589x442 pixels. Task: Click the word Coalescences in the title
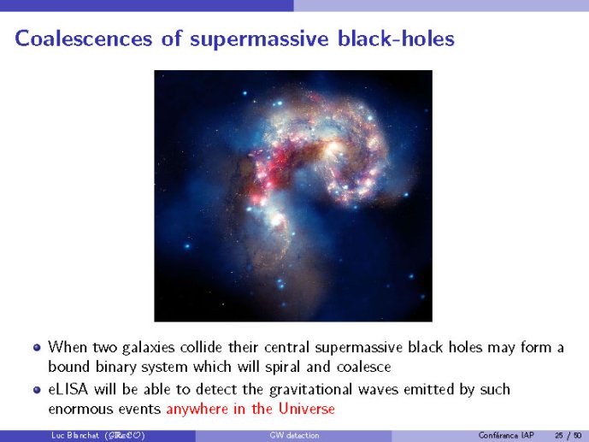(x=84, y=38)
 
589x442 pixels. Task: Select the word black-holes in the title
(x=396, y=38)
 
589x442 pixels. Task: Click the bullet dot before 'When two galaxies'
(x=37, y=347)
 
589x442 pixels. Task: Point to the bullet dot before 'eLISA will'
(x=37, y=390)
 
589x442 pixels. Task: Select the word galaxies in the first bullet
(x=149, y=348)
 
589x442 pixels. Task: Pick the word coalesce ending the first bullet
(x=363, y=367)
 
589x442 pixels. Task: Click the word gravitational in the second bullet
(x=310, y=390)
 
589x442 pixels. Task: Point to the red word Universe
(x=307, y=409)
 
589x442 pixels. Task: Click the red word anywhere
(x=197, y=410)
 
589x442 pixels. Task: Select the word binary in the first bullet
(x=116, y=368)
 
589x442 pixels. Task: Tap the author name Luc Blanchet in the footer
(x=75, y=435)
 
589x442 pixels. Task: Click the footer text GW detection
(x=294, y=435)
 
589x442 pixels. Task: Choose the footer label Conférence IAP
(x=506, y=435)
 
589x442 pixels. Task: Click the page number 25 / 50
(x=568, y=436)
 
